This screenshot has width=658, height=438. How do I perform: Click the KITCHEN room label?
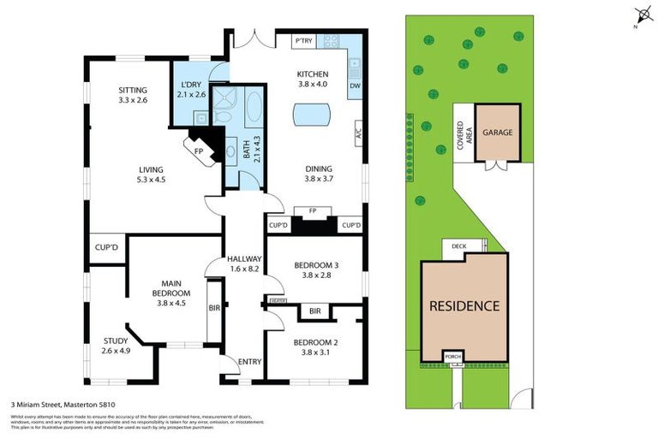[313, 74]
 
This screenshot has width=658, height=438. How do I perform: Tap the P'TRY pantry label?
[303, 41]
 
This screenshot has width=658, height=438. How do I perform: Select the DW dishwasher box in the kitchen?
[355, 86]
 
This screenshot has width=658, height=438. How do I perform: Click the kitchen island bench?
[314, 114]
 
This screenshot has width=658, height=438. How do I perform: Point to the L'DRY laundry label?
[192, 84]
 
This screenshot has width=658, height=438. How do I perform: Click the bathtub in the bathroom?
[254, 109]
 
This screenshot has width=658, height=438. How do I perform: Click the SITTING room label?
[132, 90]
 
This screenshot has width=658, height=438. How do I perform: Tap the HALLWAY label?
[243, 259]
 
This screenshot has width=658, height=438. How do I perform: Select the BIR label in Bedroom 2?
[314, 311]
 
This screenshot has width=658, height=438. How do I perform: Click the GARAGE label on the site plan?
[497, 133]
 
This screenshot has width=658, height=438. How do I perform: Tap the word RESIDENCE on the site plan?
[464, 305]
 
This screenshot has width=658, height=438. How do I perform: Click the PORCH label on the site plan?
[452, 355]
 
